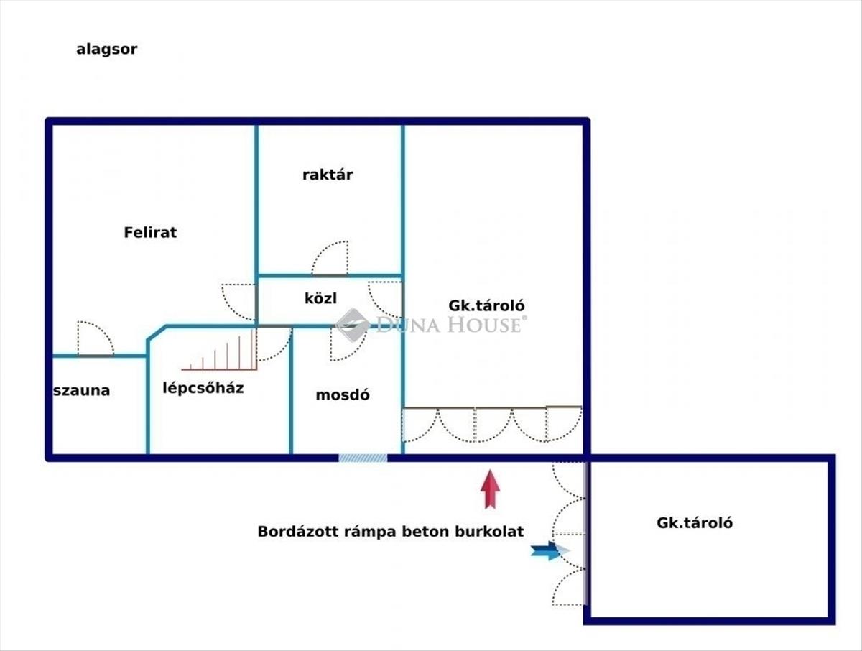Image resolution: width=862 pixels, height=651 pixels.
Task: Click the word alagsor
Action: point(106,50)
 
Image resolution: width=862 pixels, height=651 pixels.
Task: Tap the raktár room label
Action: point(328,175)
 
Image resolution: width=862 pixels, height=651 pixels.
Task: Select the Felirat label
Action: point(150,232)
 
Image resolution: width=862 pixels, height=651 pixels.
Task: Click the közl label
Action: point(320,297)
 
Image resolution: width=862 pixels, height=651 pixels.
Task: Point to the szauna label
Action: point(82,391)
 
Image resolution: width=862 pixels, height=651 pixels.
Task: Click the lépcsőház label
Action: point(203,388)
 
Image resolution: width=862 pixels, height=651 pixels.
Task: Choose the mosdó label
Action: point(343,394)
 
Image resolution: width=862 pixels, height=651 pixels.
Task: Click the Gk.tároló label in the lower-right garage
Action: point(695,523)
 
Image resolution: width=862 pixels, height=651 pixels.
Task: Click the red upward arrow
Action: point(491,489)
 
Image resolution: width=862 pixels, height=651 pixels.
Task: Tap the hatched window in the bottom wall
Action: point(363,458)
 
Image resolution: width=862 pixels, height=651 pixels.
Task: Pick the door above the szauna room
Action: point(96,339)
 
